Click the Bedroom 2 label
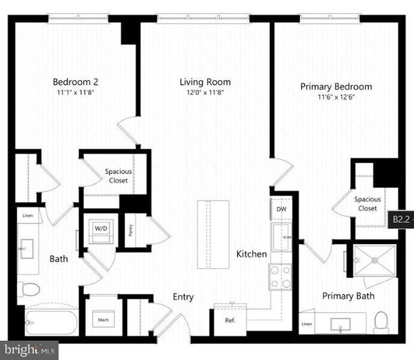tap(75, 82)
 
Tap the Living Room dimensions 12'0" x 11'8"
tap(204, 92)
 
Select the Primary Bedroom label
tap(336, 87)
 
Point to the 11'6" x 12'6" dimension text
tap(336, 97)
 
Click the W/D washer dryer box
tap(101, 227)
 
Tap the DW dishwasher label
tap(281, 209)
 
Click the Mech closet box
tap(103, 319)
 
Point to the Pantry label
tap(130, 228)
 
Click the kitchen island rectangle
tap(213, 234)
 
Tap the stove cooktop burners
tap(280, 277)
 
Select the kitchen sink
tap(280, 238)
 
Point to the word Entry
tap(183, 297)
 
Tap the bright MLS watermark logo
tap(29, 350)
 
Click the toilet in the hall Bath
tap(29, 289)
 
